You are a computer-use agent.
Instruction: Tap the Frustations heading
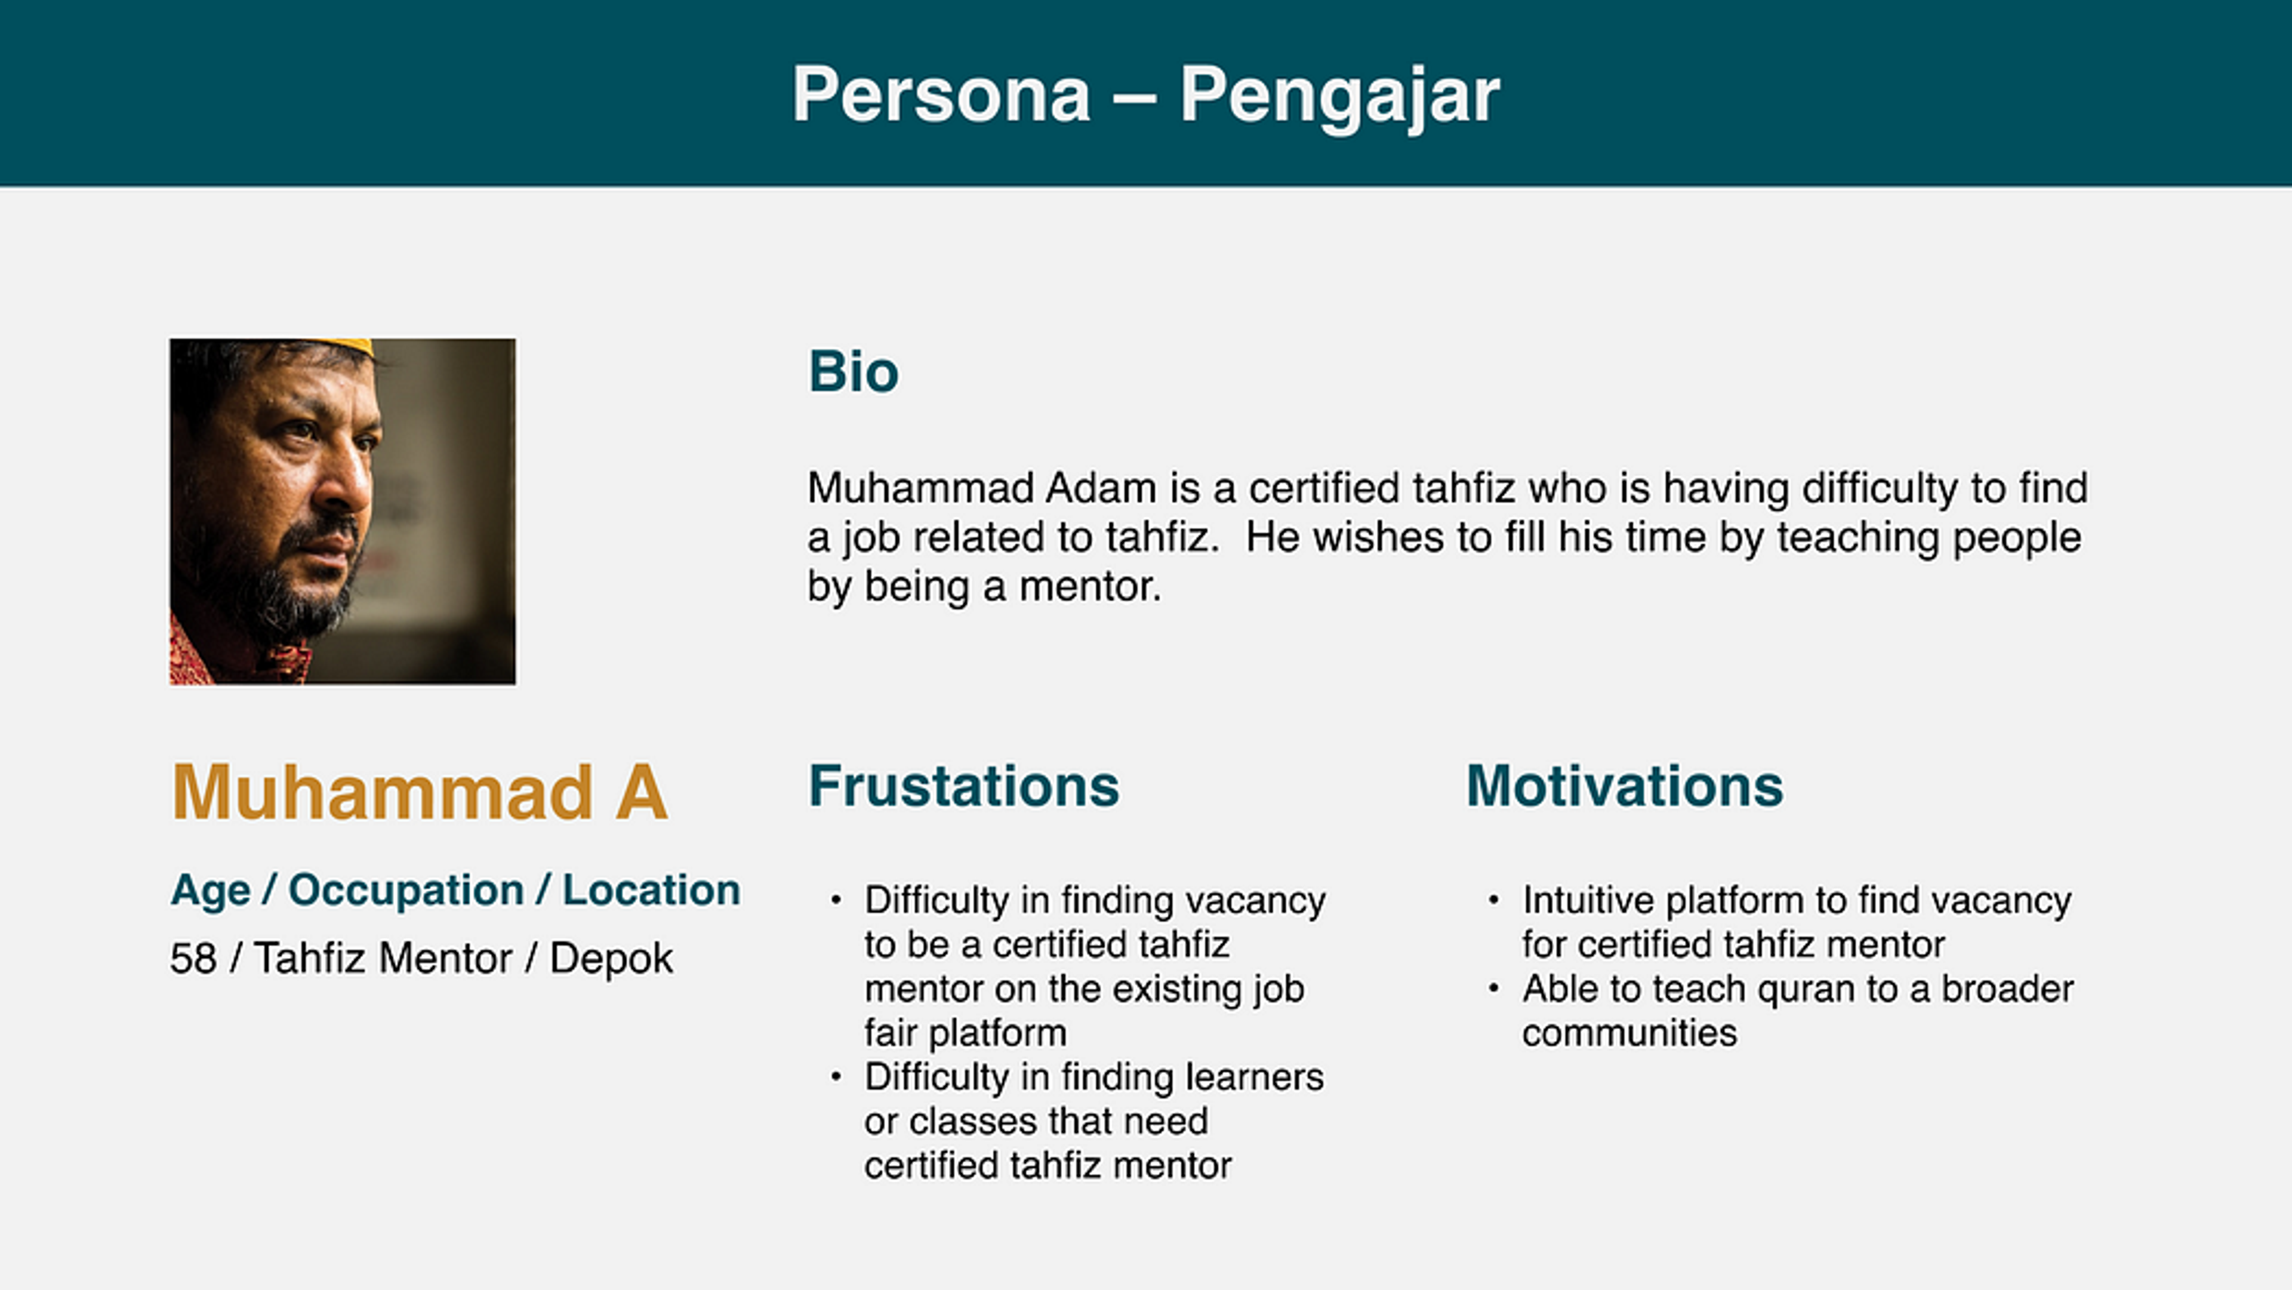point(963,786)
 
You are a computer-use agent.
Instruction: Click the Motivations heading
point(1624,786)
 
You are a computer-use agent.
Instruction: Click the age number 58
point(193,958)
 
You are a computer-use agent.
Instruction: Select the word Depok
point(611,958)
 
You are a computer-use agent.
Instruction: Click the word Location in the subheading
point(651,889)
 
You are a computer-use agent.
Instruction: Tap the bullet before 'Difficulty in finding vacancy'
point(836,900)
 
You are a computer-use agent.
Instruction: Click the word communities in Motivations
point(1628,1033)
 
